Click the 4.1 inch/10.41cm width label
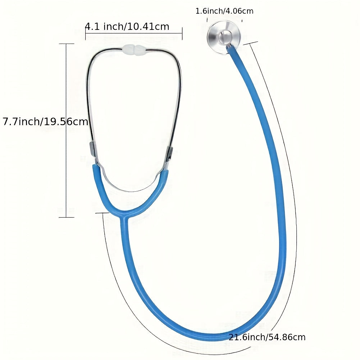pos(127,27)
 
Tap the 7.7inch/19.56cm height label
pos(45,121)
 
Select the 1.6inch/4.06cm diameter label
pos(224,11)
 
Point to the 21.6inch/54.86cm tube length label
pos(267,337)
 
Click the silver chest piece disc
pos(224,37)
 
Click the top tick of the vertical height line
pos(67,44)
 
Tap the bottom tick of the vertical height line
pos(67,217)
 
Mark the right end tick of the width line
pos(182,33)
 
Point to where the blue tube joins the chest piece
pos(229,47)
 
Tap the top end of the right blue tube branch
pos(164,172)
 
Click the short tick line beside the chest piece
pos(251,43)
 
